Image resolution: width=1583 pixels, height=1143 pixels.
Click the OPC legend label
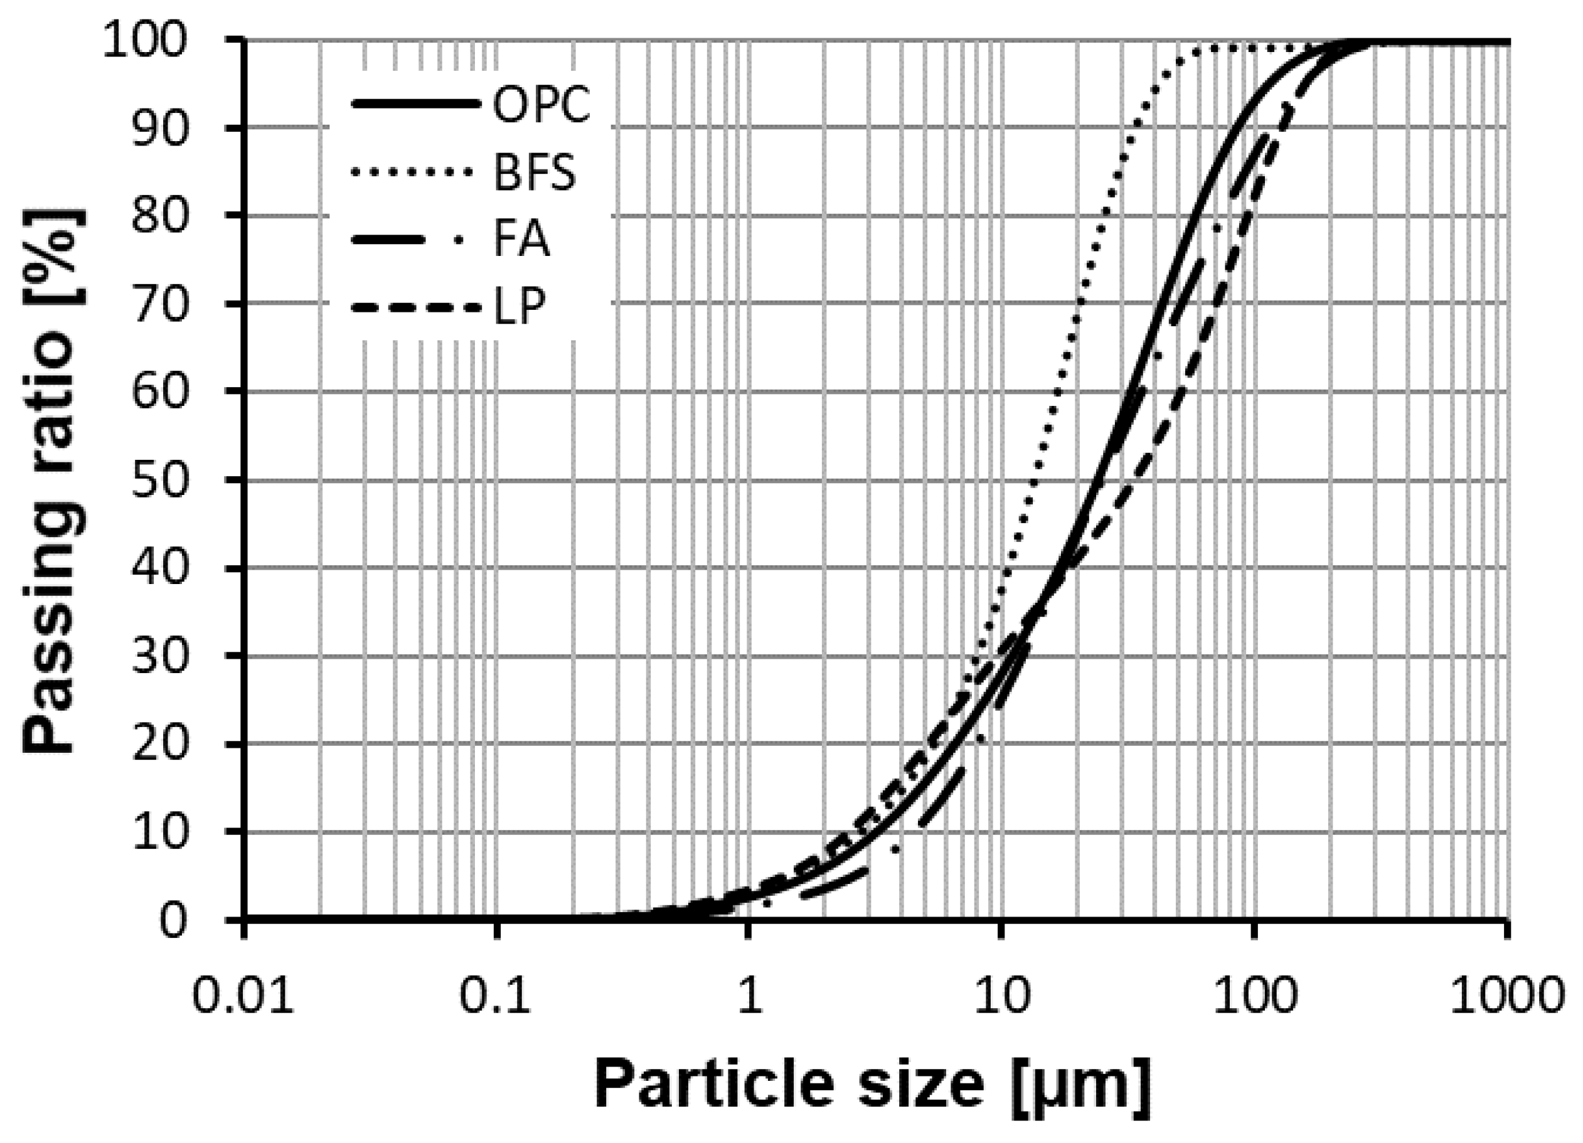tap(541, 105)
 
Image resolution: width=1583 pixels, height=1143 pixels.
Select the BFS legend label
tap(535, 173)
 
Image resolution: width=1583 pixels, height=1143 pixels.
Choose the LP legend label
tap(519, 306)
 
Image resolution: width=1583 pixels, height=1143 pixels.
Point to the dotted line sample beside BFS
tap(417, 172)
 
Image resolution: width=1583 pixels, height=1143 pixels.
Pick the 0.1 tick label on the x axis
tap(496, 996)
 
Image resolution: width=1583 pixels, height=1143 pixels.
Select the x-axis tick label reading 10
tap(1002, 996)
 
